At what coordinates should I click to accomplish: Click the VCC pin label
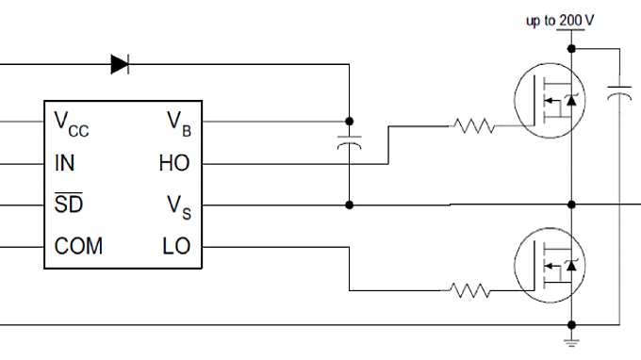point(72,122)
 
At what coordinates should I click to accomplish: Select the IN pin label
point(65,163)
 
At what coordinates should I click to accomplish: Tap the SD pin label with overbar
point(68,205)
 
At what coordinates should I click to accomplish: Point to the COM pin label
point(78,246)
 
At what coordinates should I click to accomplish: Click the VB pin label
point(178,122)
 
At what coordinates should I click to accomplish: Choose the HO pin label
point(173,163)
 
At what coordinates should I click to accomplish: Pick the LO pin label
point(176,246)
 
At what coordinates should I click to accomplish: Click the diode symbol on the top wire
point(120,64)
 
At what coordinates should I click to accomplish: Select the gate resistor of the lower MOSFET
point(471,291)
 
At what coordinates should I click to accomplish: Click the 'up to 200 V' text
point(560,20)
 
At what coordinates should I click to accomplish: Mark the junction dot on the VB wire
point(350,122)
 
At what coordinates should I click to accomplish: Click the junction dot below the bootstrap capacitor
point(350,205)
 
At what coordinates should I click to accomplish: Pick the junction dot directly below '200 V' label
point(570,48)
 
